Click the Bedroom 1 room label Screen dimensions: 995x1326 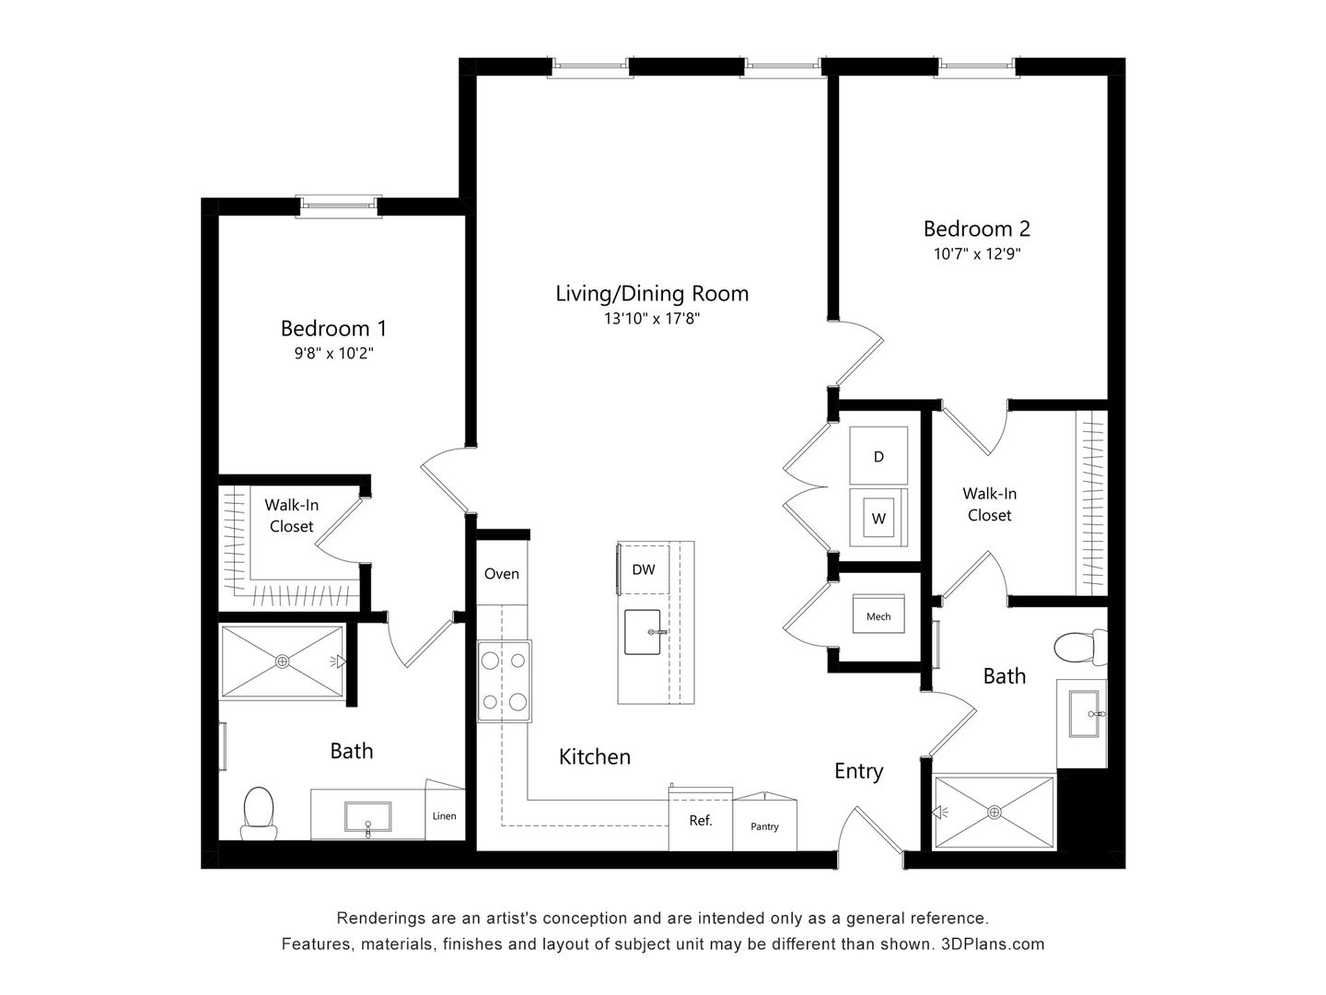click(333, 328)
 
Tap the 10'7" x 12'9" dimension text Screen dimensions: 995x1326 click(977, 253)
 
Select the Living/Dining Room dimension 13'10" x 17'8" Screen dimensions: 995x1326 click(652, 319)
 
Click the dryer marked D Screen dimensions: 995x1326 click(878, 456)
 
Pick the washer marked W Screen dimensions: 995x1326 click(878, 519)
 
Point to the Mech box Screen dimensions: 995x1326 click(878, 616)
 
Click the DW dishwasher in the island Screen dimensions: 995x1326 click(644, 569)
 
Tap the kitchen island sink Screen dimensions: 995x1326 click(644, 633)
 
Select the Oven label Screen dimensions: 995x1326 click(502, 573)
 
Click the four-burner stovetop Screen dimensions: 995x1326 click(504, 682)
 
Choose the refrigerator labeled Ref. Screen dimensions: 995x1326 click(701, 820)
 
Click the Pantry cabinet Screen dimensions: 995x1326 click(764, 825)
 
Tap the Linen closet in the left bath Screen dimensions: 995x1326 click(445, 815)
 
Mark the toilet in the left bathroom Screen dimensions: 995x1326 click(259, 813)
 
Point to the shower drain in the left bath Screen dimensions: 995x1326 click(282, 661)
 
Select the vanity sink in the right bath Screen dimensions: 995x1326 click(1085, 714)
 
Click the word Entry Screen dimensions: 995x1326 click(858, 771)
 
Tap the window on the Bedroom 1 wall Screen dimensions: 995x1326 click(338, 205)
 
